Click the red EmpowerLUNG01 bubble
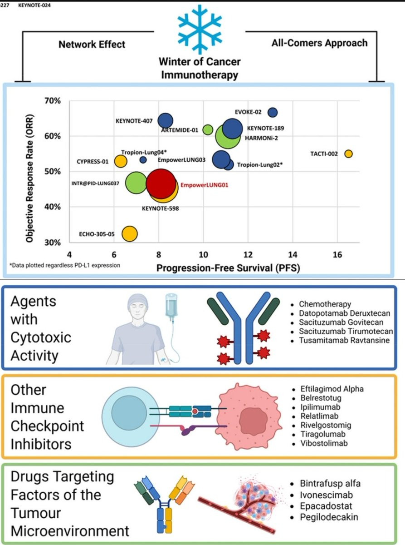pos(161,183)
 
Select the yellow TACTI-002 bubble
pos(348,154)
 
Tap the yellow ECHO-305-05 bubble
pos(130,233)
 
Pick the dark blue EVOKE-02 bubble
pos(273,112)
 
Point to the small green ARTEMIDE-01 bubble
pos(208,130)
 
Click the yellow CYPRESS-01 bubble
pos(120,161)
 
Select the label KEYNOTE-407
pos(135,121)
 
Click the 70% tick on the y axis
pos(53,101)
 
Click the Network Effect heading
pos(92,45)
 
